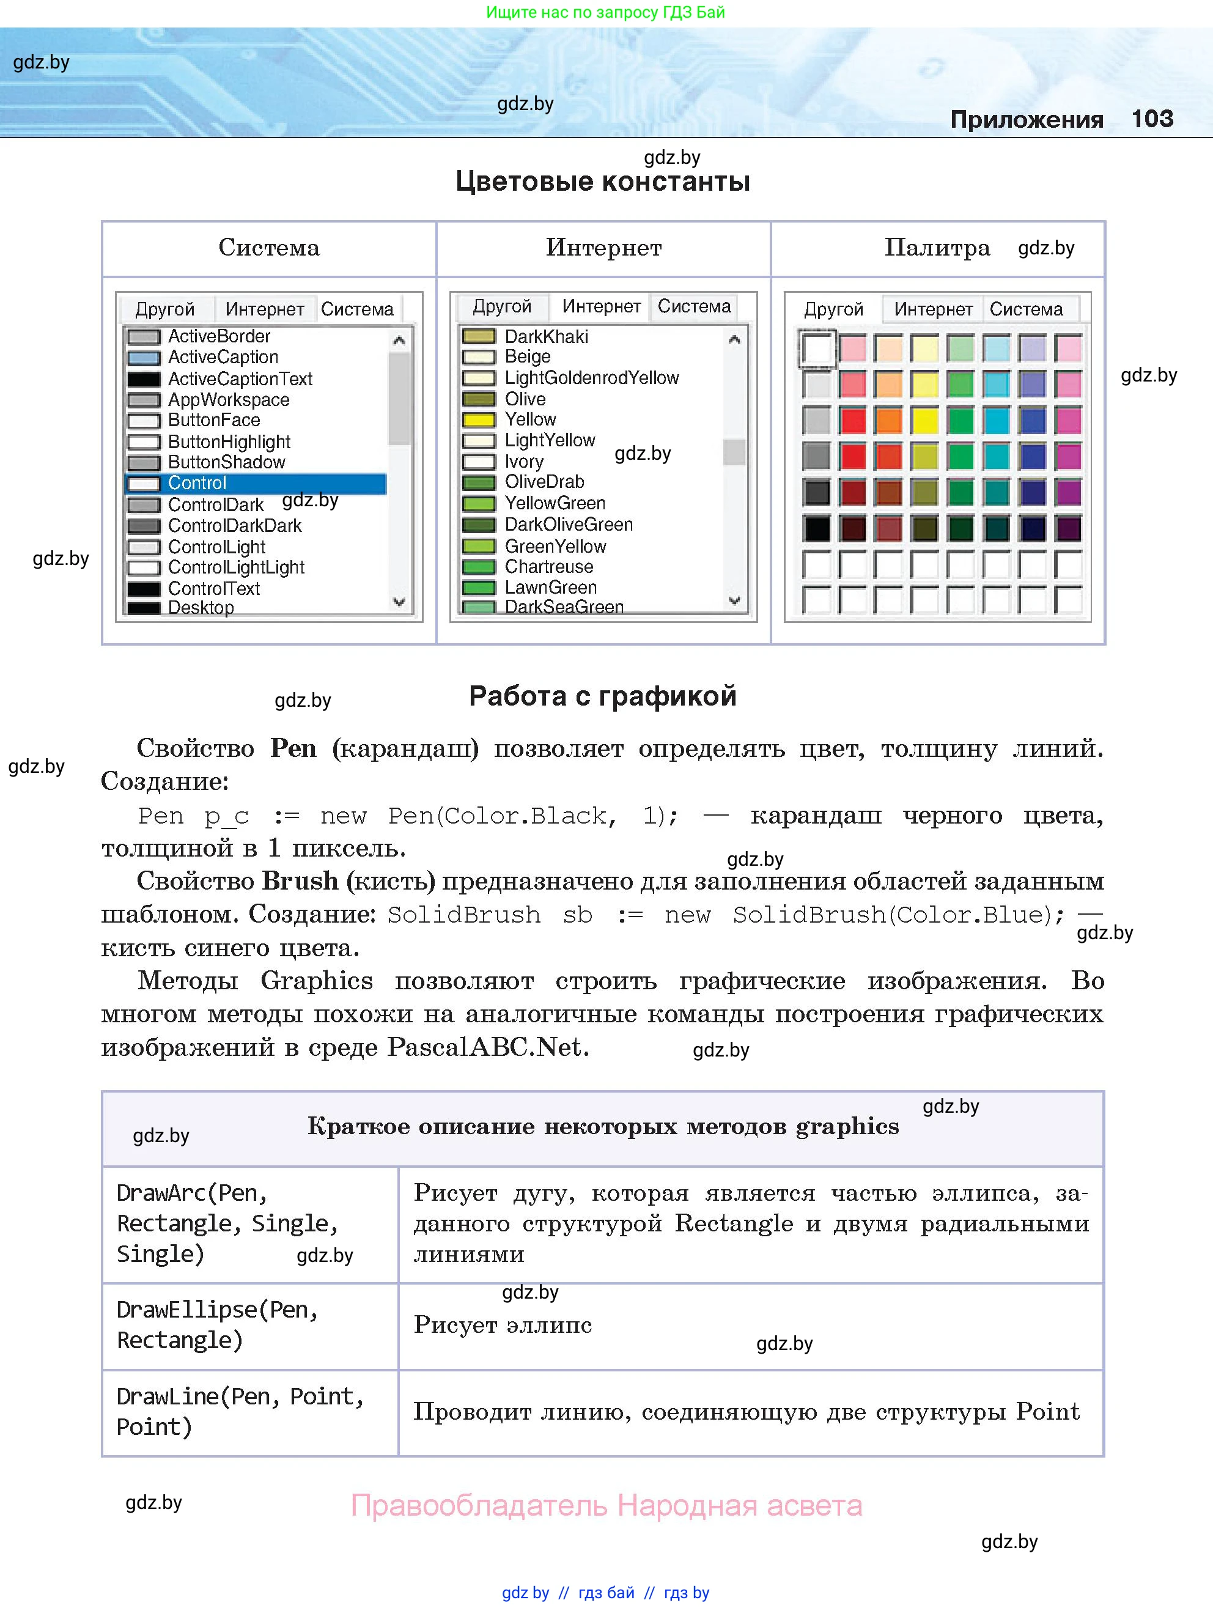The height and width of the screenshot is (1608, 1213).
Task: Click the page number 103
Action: [x=1151, y=119]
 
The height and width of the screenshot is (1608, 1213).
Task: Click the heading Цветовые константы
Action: [x=602, y=182]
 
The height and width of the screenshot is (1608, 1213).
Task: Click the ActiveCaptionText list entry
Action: [x=240, y=378]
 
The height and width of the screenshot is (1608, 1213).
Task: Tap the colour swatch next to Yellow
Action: [x=478, y=419]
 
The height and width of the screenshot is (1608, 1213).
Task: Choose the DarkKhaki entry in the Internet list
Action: [x=546, y=336]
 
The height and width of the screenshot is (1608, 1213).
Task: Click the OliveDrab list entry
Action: [x=544, y=482]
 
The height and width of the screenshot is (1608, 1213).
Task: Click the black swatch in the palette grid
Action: [x=817, y=528]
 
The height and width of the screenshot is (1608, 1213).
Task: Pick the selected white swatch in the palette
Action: [x=817, y=349]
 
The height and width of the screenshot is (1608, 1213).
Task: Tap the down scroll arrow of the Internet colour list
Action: [x=734, y=600]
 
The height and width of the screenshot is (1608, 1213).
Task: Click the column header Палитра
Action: [x=936, y=248]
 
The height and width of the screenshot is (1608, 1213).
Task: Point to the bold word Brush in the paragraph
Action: [x=300, y=881]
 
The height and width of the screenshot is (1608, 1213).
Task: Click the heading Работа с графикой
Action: [x=602, y=696]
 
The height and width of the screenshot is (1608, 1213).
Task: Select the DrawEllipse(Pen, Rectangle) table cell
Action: [x=249, y=1324]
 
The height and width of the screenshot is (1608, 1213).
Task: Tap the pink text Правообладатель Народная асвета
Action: [x=606, y=1505]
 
